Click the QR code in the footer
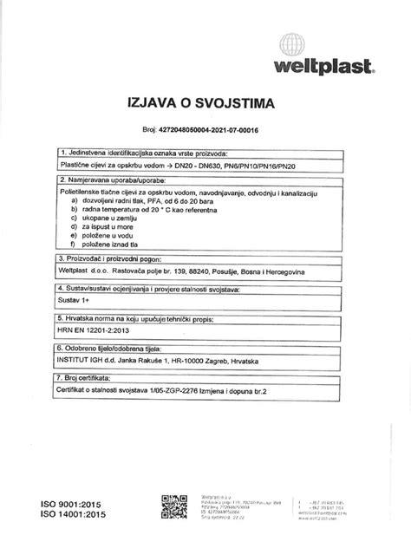point(174,507)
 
